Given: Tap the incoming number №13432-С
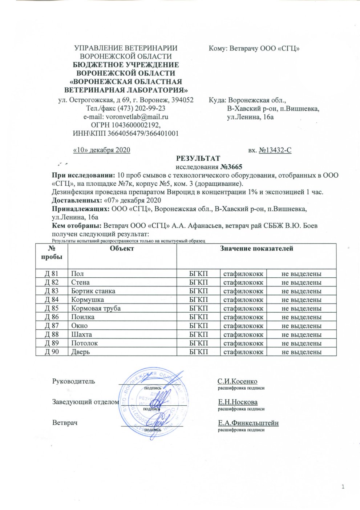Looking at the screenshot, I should click(275, 150).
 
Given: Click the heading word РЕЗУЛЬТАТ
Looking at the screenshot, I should click(198, 158).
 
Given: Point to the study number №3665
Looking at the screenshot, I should click(231, 167).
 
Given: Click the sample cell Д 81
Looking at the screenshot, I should click(52, 274).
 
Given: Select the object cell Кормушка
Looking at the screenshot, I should click(88, 300).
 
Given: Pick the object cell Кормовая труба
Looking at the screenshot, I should click(96, 309).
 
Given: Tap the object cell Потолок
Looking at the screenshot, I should click(85, 343).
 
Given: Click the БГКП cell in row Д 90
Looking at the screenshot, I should click(199, 352).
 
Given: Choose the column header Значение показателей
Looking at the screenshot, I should click(256, 249).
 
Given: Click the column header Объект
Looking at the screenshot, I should click(122, 249).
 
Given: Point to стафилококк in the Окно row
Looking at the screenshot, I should click(243, 326).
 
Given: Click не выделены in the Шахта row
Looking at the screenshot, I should click(301, 335).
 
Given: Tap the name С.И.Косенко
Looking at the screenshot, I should click(237, 381).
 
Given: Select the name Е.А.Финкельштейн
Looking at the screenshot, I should click(248, 423).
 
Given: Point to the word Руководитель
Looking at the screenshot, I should click(74, 381).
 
